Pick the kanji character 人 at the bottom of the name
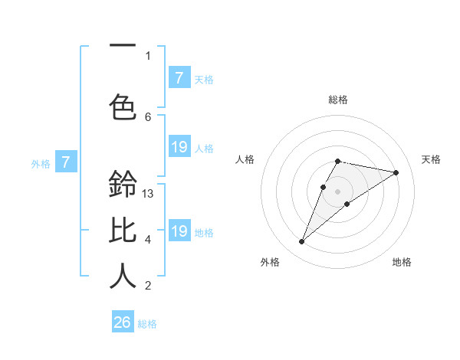point(123,275)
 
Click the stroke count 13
point(148,194)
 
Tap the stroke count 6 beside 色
point(148,116)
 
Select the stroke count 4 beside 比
point(148,240)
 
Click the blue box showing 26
point(123,322)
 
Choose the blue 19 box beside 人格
point(179,147)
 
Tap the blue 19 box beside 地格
point(179,231)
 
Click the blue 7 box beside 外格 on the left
point(66,162)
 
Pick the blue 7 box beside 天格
point(179,77)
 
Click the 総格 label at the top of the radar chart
point(337,100)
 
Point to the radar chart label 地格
point(402,262)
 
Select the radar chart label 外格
point(270,262)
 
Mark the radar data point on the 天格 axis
point(396,172)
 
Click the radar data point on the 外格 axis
point(301,242)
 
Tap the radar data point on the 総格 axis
point(337,161)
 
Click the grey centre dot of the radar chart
point(337,191)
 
